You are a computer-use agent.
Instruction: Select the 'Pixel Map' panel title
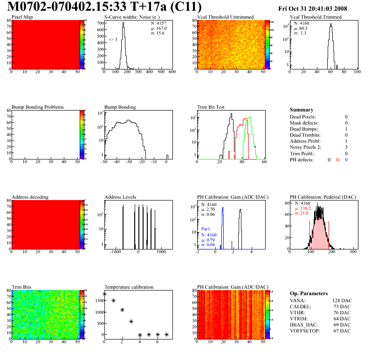click(x=22, y=17)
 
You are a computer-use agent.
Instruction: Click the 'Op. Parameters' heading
click(x=309, y=293)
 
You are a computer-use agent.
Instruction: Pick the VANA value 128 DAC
click(x=341, y=301)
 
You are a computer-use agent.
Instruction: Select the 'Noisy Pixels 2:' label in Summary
click(x=306, y=147)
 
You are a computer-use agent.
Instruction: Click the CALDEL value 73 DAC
click(x=343, y=307)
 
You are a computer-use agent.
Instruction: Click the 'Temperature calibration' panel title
click(x=129, y=287)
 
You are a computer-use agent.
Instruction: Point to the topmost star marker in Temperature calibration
click(x=104, y=294)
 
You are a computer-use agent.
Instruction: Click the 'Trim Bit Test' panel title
click(x=211, y=107)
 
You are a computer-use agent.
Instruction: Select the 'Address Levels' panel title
click(x=120, y=197)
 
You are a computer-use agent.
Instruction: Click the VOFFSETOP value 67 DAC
click(x=343, y=331)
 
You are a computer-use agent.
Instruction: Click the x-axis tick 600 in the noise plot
click(x=172, y=72)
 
